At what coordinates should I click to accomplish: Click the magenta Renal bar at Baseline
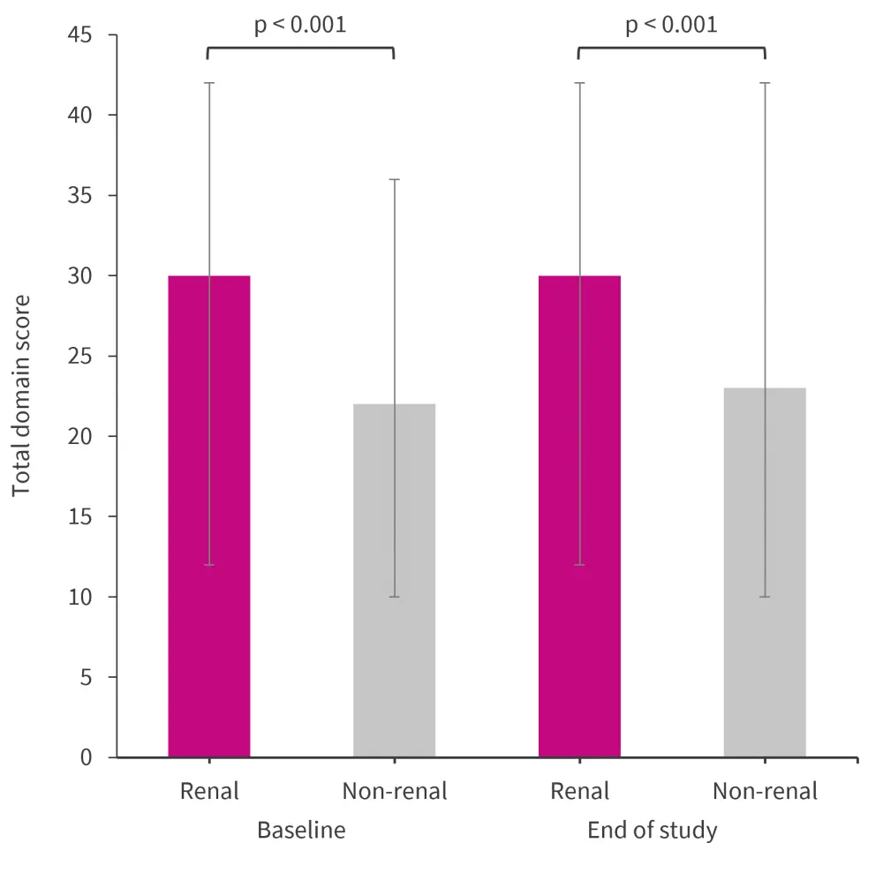(209, 516)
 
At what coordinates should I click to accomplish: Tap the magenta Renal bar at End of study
(579, 516)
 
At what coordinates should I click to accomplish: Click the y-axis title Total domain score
(22, 395)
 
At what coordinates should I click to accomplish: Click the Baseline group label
(301, 831)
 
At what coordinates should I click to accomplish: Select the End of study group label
(653, 831)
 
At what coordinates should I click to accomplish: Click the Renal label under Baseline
(209, 791)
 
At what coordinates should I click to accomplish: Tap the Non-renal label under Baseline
(395, 791)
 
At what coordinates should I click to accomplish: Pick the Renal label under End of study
(580, 791)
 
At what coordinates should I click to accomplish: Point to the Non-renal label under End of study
(765, 791)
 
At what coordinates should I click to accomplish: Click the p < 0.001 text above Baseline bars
(300, 25)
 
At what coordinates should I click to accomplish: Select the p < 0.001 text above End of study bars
(671, 25)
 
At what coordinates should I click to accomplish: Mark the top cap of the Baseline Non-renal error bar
(394, 179)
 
